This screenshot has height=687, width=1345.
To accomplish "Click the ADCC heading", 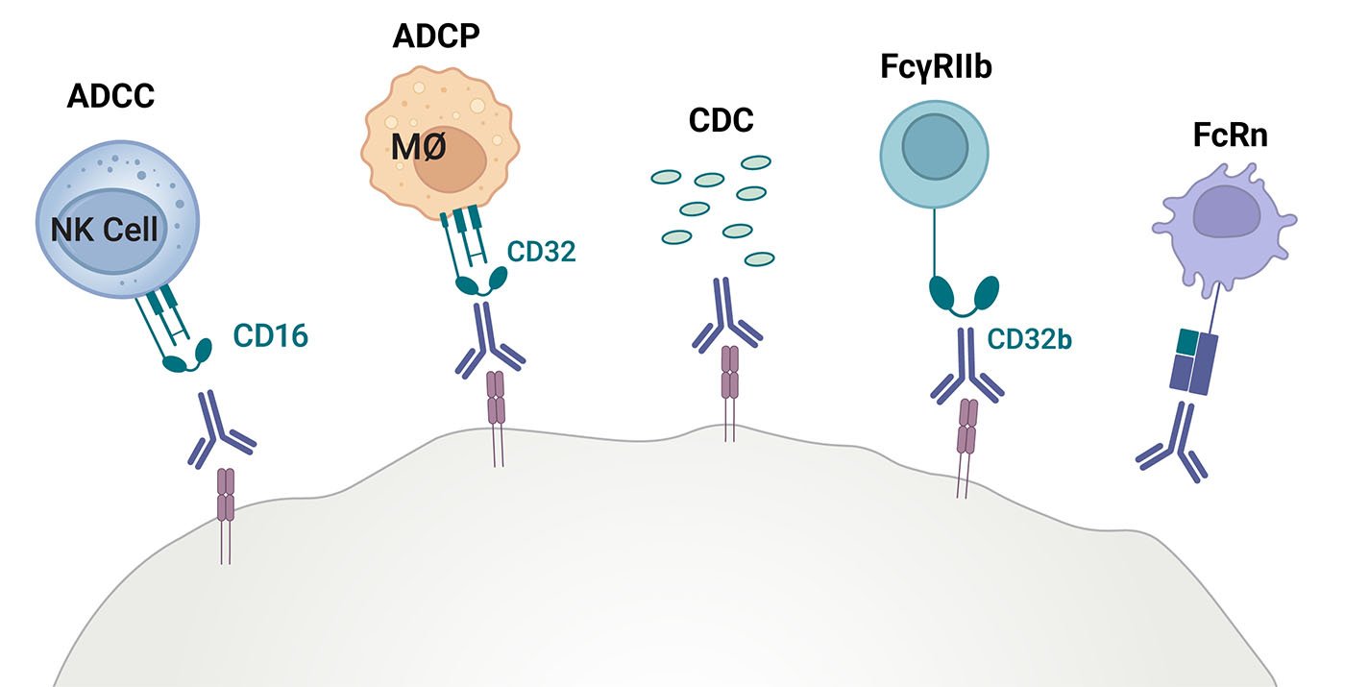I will click(110, 98).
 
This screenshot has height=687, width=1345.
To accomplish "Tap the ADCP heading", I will click(436, 37).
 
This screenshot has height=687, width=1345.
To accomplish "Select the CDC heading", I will click(721, 122).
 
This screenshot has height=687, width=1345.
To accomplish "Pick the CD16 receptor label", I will click(270, 336).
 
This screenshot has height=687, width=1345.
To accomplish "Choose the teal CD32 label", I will click(541, 253).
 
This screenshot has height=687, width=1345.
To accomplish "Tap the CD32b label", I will click(1030, 339).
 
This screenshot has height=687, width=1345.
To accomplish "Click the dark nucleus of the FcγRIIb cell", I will click(935, 149).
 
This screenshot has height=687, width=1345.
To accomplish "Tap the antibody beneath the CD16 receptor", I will click(222, 429).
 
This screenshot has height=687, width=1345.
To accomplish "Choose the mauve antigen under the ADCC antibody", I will click(226, 494).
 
